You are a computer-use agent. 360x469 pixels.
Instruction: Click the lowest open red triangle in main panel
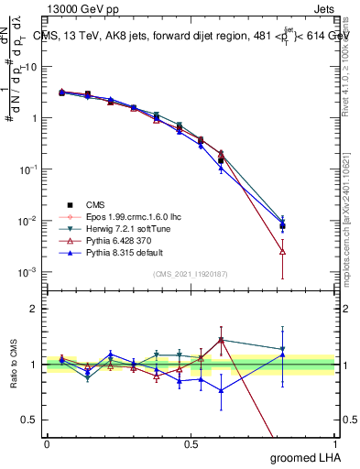pos(282,251)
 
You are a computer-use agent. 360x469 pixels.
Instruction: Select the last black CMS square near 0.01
pos(282,225)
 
